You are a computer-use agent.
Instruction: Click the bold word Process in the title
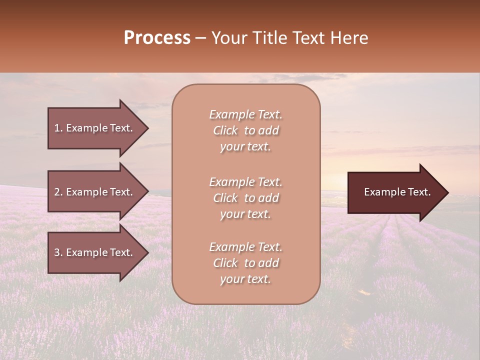tap(157, 38)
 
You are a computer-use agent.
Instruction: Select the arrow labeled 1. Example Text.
tap(94, 128)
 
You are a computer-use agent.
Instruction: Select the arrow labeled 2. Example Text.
tap(94, 192)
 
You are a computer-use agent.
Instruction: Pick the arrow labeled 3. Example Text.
tap(94, 252)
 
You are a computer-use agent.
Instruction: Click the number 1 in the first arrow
tap(57, 128)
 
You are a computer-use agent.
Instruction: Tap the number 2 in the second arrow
tap(57, 192)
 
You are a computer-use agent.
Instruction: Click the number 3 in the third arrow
tap(57, 252)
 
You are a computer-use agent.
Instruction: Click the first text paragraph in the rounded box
tap(245, 130)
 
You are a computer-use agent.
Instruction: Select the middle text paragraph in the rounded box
tap(245, 198)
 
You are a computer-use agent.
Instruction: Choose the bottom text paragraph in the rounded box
tap(245, 263)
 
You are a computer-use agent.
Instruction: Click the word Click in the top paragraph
tap(225, 130)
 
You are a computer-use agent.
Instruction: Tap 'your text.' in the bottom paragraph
tap(245, 279)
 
